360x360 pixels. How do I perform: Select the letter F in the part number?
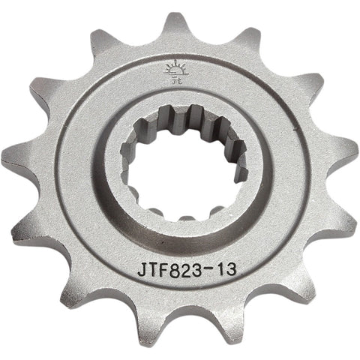click(x=163, y=269)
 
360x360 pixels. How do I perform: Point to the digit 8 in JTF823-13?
click(x=175, y=269)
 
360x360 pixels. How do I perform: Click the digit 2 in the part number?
click(x=187, y=269)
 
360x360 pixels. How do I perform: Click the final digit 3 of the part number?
click(x=231, y=269)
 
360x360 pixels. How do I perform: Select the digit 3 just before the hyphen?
click(x=199, y=269)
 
